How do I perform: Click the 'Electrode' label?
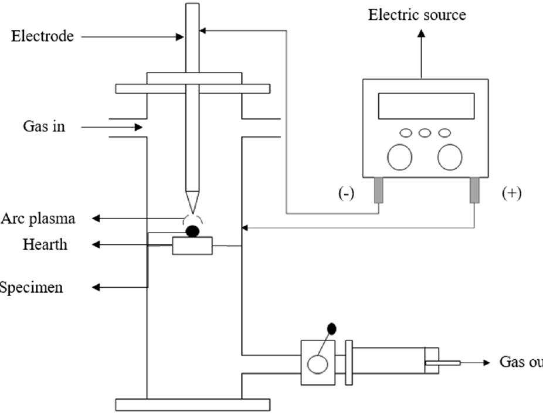coord(42,36)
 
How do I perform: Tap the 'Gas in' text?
coord(44,126)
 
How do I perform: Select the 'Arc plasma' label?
coord(38,219)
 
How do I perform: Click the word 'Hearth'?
coord(45,244)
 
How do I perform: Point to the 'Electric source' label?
coord(417,15)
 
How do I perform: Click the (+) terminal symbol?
coord(511,193)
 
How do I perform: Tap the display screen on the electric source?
coord(426,106)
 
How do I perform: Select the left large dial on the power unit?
coord(399,157)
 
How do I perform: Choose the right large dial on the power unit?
coord(450,157)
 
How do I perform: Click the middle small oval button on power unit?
coord(425,133)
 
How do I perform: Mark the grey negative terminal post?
coord(379,190)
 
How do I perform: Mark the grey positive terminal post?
coord(474,190)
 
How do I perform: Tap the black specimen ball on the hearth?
coord(192,231)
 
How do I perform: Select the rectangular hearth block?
coord(192,246)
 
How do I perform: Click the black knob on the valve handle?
coord(331,329)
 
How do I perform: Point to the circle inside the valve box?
coord(318,365)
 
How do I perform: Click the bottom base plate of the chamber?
coord(192,404)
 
